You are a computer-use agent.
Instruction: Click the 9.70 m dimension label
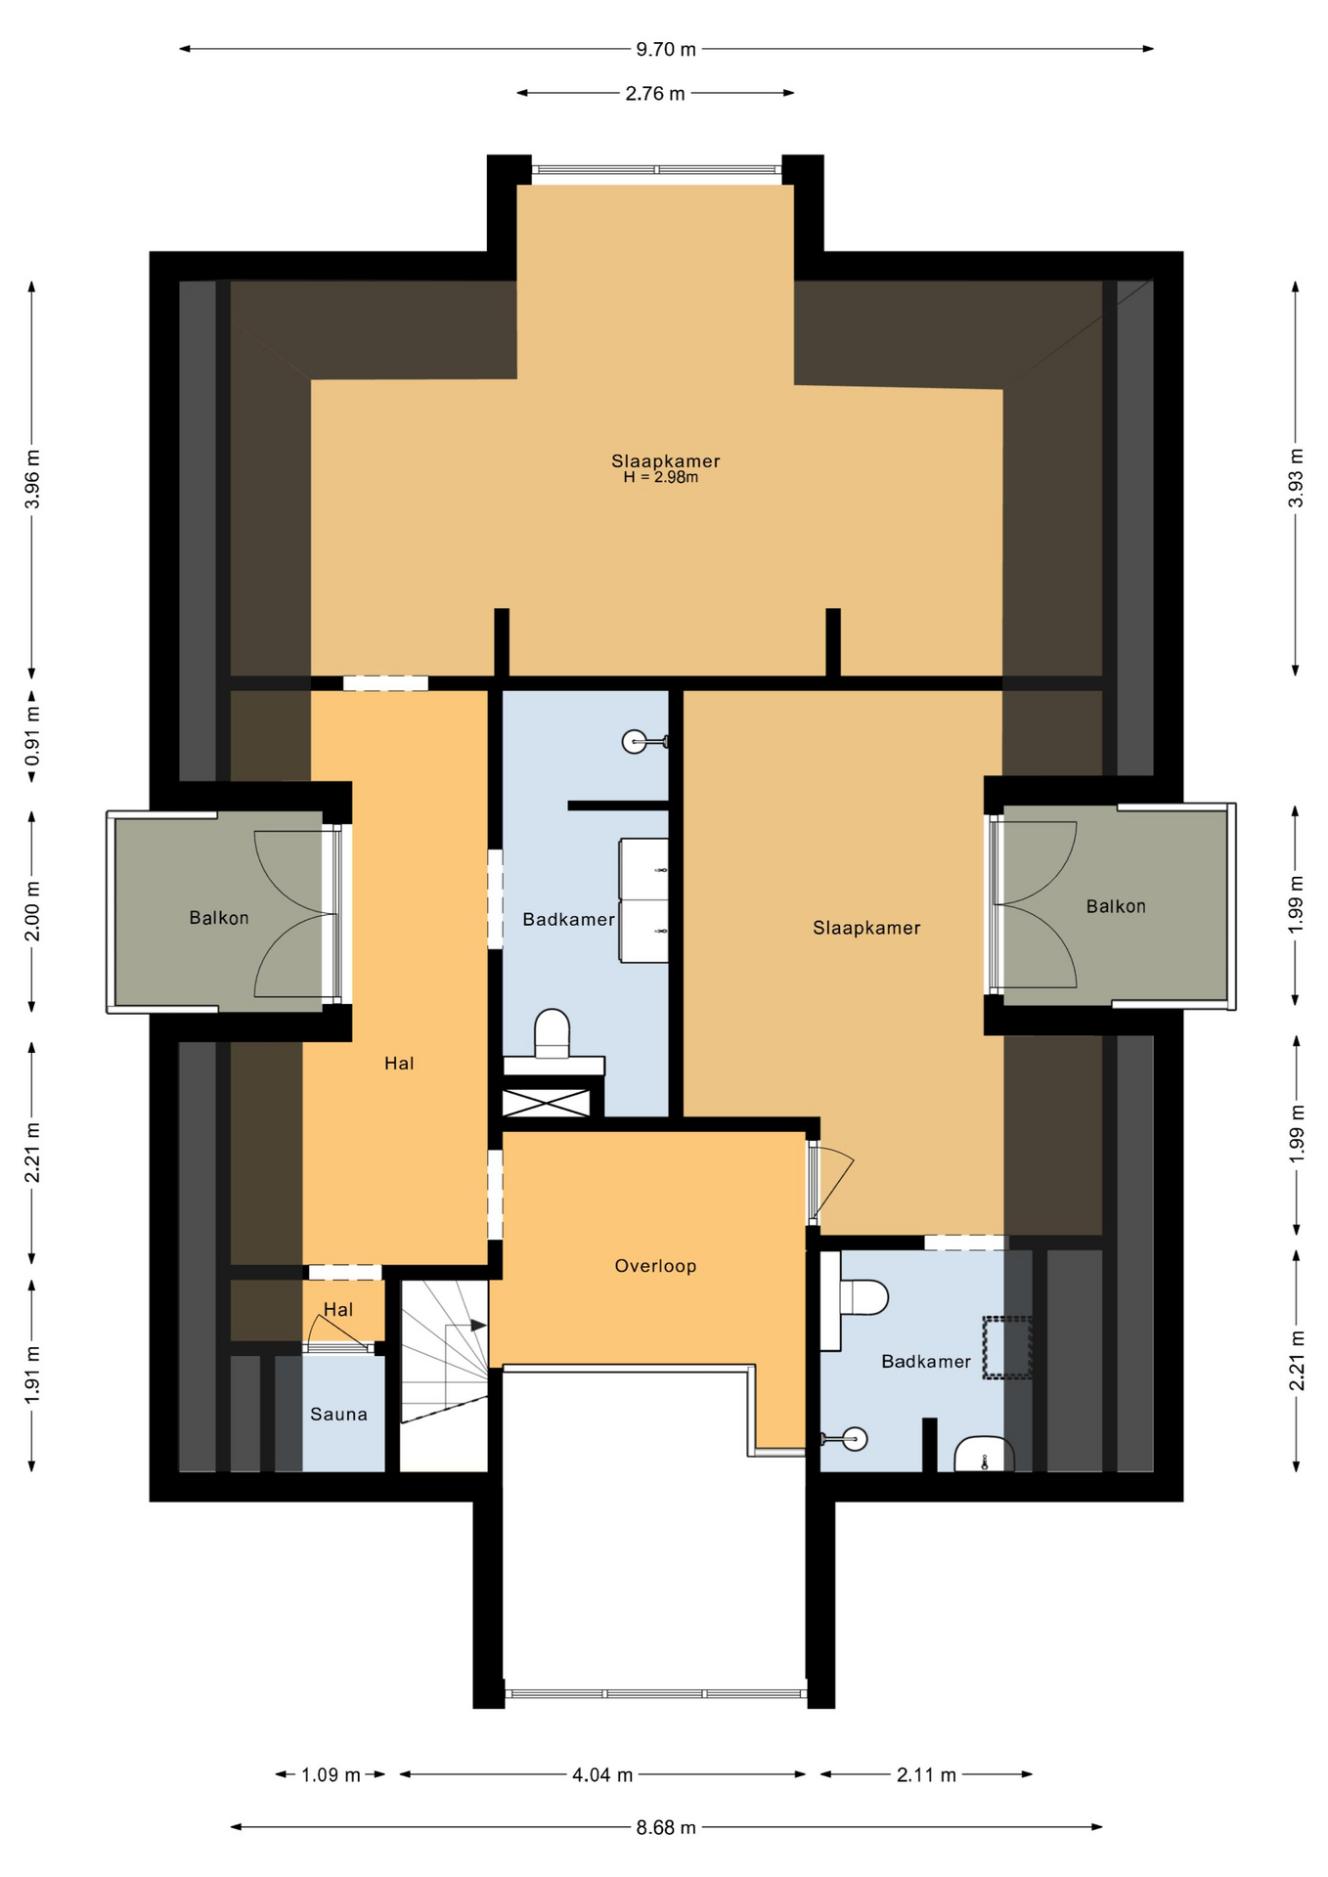tap(666, 49)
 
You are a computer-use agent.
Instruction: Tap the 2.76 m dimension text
tap(655, 94)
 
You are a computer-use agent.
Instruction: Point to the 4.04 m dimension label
tap(602, 1774)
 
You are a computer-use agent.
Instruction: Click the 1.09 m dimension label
tap(331, 1774)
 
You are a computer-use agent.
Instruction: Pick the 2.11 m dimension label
tap(926, 1774)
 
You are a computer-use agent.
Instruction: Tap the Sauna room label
tap(338, 1415)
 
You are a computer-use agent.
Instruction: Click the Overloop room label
tap(655, 1266)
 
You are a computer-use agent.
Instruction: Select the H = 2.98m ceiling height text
tap(661, 478)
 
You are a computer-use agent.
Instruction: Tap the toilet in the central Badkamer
tap(553, 1033)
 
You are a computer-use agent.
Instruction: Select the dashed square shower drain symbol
tap(1007, 1348)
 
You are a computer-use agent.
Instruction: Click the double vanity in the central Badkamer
tap(644, 900)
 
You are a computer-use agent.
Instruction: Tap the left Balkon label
tap(219, 918)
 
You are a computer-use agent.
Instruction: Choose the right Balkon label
tap(1116, 906)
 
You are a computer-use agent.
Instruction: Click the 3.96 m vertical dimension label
tap(32, 479)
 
